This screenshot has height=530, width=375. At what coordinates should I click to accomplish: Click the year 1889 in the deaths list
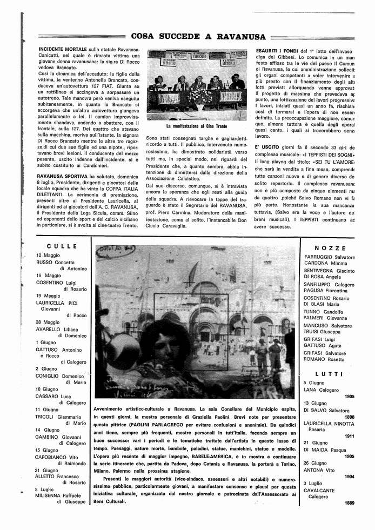pyautogui.click(x=349, y=503)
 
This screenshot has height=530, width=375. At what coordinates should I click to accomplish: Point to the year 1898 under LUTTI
pyautogui.click(x=349, y=417)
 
